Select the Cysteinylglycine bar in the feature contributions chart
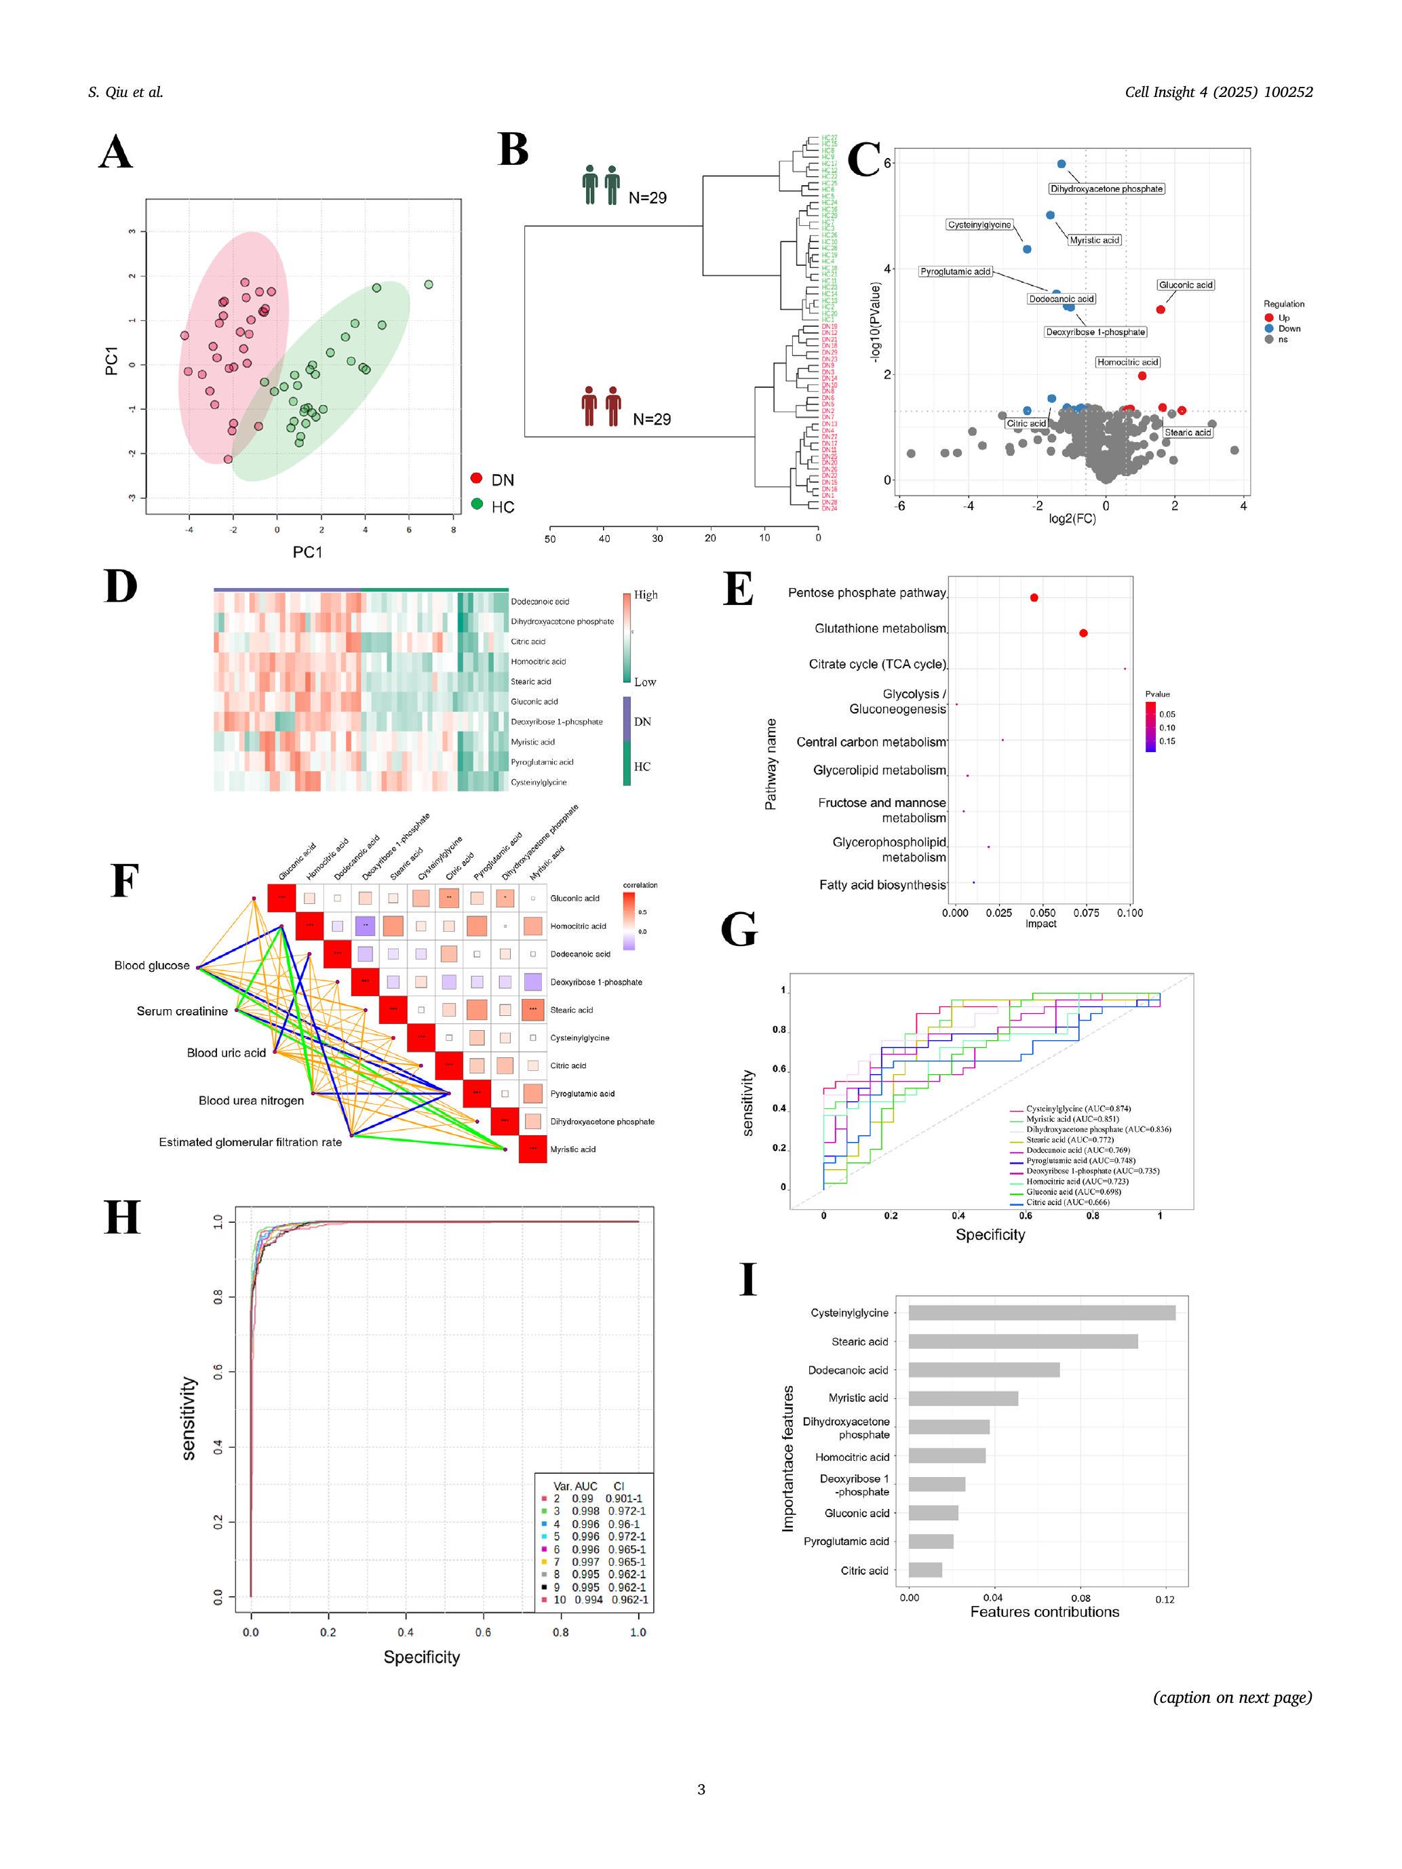coord(1041,1312)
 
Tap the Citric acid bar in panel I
coord(924,1570)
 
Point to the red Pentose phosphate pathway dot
coord(1034,597)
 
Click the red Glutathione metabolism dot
coord(1083,633)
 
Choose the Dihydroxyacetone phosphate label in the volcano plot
coord(1106,189)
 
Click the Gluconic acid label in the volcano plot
coord(1186,285)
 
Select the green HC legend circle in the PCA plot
coord(477,505)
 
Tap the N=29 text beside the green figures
coord(647,198)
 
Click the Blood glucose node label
coord(152,965)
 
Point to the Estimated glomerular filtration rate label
coord(250,1141)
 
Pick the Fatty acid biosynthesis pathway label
coord(882,884)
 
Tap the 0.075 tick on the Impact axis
coord(1086,913)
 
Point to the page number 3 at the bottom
coord(701,1789)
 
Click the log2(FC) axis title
coord(1072,518)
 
